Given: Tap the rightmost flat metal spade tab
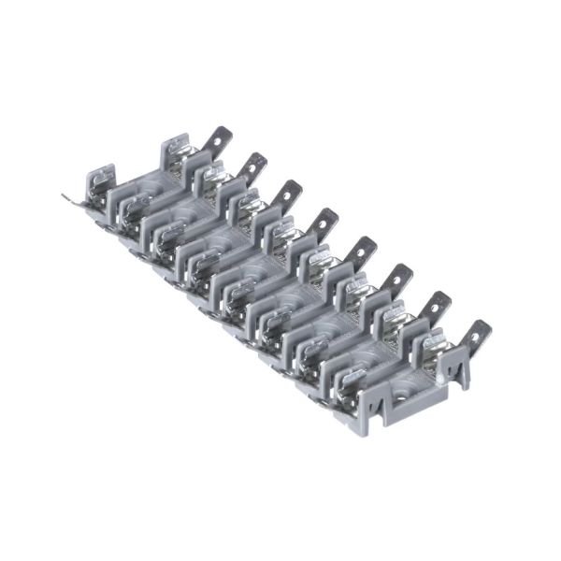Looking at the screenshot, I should pos(477,334).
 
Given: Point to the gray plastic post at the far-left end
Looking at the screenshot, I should pos(98,181).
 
